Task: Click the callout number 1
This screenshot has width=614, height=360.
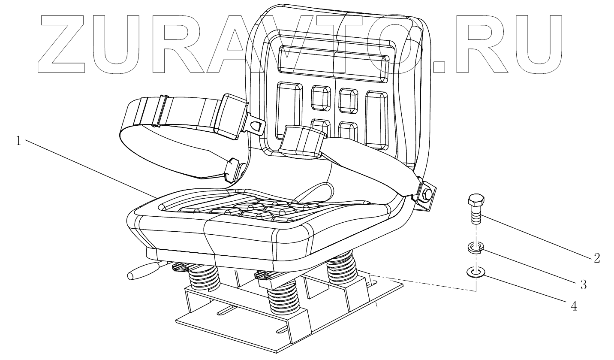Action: click(x=18, y=141)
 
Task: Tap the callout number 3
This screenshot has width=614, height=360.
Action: click(x=584, y=284)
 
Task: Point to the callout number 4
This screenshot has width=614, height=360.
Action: click(x=573, y=306)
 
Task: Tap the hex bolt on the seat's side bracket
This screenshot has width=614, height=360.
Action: click(x=427, y=194)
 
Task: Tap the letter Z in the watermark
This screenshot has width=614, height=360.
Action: click(x=64, y=45)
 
